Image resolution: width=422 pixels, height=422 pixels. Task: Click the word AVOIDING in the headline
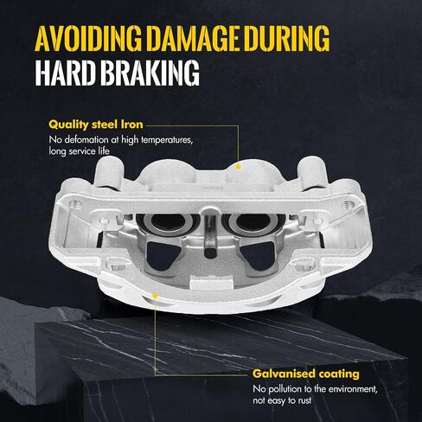pyautogui.click(x=88, y=39)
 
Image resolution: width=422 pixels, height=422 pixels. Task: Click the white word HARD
pyautogui.click(x=65, y=73)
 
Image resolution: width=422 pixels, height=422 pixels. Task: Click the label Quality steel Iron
pyautogui.click(x=96, y=125)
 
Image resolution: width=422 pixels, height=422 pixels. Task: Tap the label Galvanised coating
pyautogui.click(x=306, y=374)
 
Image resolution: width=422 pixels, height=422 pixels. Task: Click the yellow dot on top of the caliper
pyautogui.click(x=238, y=166)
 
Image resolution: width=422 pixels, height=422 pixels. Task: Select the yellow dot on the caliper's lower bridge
pyautogui.click(x=155, y=296)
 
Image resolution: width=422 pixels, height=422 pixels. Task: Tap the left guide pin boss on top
pyautogui.click(x=109, y=172)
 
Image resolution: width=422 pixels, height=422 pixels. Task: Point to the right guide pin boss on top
pyautogui.click(x=313, y=172)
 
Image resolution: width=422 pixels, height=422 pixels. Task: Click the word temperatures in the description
pyautogui.click(x=166, y=140)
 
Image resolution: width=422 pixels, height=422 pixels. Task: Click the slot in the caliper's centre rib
pyautogui.click(x=210, y=253)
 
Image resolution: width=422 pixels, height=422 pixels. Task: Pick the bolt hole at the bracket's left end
pyautogui.click(x=74, y=204)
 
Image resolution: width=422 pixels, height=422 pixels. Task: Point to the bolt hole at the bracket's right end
pyautogui.click(x=348, y=204)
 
